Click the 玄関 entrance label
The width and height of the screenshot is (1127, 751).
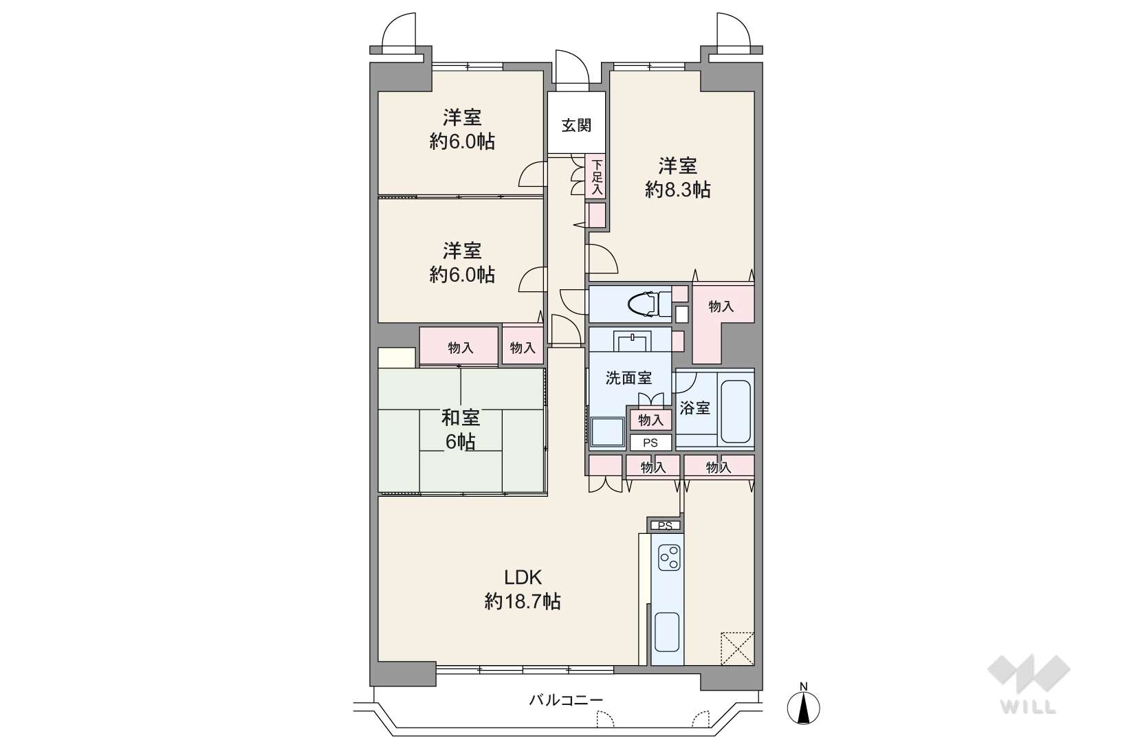[576, 125]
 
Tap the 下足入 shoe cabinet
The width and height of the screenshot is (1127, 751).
[596, 177]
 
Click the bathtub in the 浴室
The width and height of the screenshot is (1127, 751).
[736, 412]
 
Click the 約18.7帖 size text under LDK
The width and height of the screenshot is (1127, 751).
[523, 601]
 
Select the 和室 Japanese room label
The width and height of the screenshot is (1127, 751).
[461, 418]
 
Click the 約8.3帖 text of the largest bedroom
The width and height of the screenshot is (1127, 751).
[678, 190]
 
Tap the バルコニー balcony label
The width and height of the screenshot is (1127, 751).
[565, 699]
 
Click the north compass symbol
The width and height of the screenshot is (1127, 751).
[804, 704]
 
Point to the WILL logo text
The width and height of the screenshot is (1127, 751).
[1029, 708]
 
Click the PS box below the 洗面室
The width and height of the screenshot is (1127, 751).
[650, 443]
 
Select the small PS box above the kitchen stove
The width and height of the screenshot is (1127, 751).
[665, 526]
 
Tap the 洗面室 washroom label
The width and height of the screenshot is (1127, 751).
[628, 377]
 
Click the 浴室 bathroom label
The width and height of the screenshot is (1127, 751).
[694, 408]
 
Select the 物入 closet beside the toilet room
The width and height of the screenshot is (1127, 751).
[721, 306]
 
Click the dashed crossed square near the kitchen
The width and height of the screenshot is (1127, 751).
[737, 649]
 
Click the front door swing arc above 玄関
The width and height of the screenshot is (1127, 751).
[572, 67]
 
